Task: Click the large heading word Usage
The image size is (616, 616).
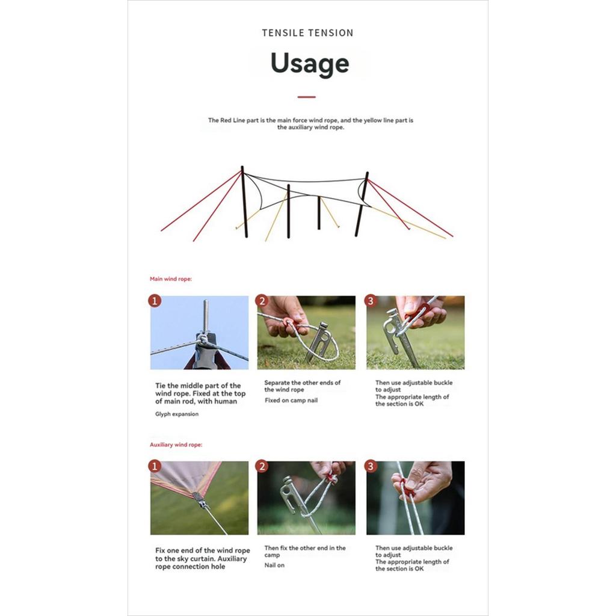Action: (310, 64)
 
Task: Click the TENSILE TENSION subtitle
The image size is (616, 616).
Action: (307, 33)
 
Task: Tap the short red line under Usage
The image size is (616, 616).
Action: (306, 97)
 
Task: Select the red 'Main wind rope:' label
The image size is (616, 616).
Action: (170, 279)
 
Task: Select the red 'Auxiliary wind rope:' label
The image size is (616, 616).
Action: (176, 445)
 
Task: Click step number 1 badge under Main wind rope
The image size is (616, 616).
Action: (155, 301)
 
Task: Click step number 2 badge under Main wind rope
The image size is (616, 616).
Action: (262, 301)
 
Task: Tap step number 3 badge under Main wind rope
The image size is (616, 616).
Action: (371, 301)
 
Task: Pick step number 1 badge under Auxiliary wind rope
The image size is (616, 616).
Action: (155, 466)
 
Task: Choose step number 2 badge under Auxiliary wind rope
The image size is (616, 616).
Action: (262, 466)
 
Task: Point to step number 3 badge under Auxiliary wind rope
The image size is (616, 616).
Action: (371, 466)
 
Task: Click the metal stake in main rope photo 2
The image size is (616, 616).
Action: (317, 341)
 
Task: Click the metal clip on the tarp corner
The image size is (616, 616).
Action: (201, 500)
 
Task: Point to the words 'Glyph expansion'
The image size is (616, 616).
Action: (177, 414)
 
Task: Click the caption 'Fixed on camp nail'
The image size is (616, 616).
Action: (291, 400)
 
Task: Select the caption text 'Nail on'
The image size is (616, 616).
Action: (274, 565)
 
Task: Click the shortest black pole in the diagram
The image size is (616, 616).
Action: (319, 212)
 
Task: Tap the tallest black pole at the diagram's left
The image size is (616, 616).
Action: (244, 202)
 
